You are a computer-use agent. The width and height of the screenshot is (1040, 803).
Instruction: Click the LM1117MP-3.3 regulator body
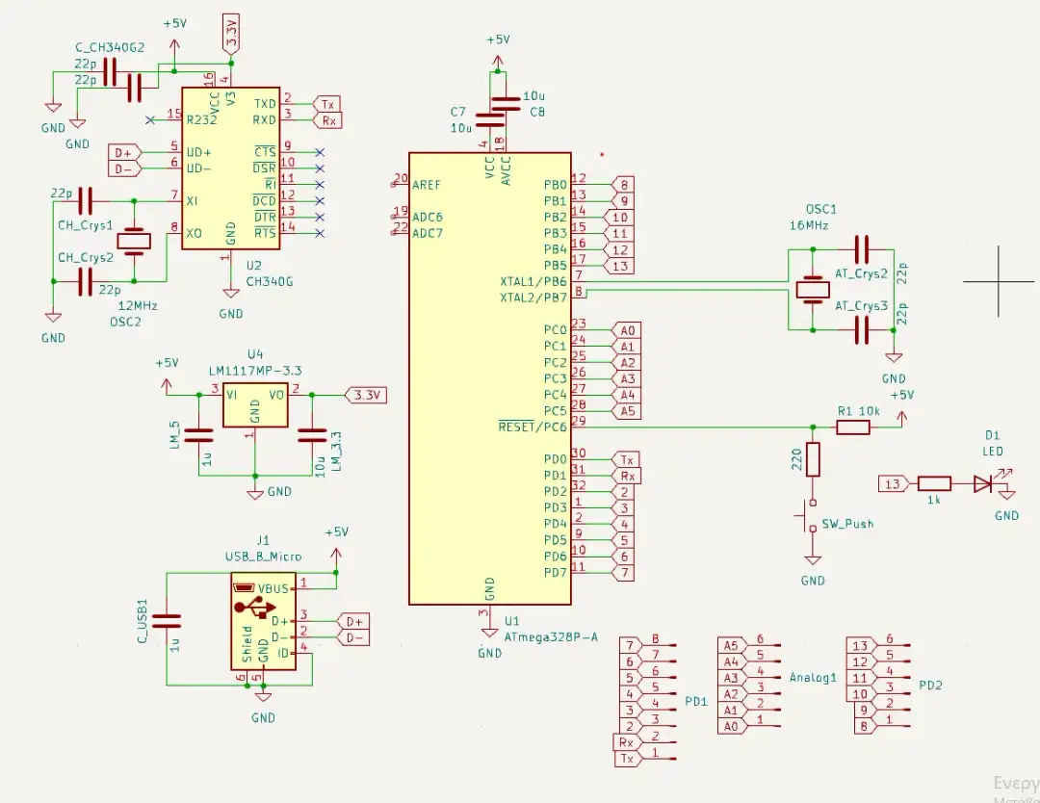pyautogui.click(x=254, y=406)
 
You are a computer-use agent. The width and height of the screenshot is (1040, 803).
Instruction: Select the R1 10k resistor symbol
pyautogui.click(x=853, y=427)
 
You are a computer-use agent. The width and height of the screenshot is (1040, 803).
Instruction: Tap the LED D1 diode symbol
pyautogui.click(x=983, y=484)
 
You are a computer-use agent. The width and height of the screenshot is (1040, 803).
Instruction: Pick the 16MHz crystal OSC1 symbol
pyautogui.click(x=814, y=289)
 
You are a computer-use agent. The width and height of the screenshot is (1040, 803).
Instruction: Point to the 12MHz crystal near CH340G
pyautogui.click(x=135, y=241)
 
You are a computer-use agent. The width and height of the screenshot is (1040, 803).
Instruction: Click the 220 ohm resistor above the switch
pyautogui.click(x=813, y=459)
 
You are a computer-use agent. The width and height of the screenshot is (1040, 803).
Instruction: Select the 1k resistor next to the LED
pyautogui.click(x=934, y=484)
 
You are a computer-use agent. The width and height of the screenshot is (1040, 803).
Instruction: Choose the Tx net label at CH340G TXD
pyautogui.click(x=327, y=104)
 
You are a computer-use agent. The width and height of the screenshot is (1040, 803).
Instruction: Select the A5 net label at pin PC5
pyautogui.click(x=627, y=411)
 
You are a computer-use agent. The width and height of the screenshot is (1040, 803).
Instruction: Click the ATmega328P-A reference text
pyautogui.click(x=552, y=636)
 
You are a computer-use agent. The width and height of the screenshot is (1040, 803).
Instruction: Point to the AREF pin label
pyautogui.click(x=427, y=184)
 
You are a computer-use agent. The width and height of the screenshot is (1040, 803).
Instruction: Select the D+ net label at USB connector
pyautogui.click(x=354, y=621)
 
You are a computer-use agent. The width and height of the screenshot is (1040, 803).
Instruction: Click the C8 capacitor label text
pyautogui.click(x=536, y=112)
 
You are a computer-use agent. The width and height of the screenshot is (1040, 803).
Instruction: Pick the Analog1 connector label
pyautogui.click(x=814, y=678)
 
